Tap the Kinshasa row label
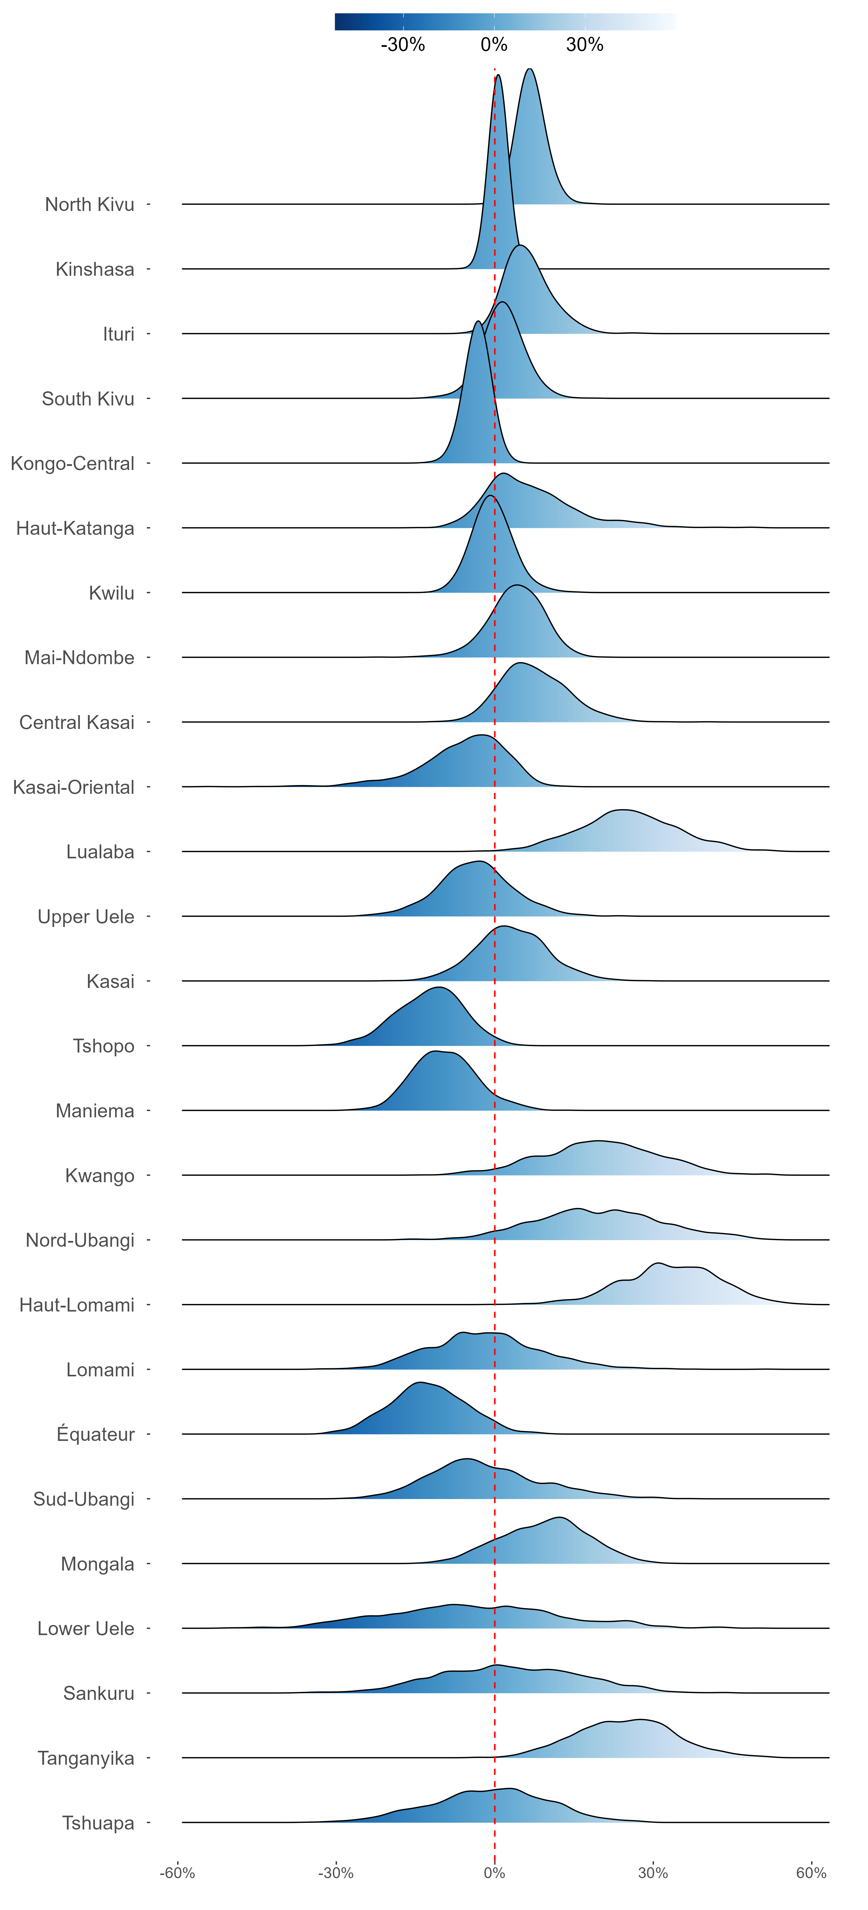(95, 269)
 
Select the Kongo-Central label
(73, 463)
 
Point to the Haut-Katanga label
(76, 529)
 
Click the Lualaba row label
(100, 852)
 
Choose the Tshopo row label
(104, 1046)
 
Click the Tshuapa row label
(99, 1823)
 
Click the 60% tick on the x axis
(811, 1873)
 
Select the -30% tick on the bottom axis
(336, 1873)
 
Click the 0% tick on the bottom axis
(494, 1873)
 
